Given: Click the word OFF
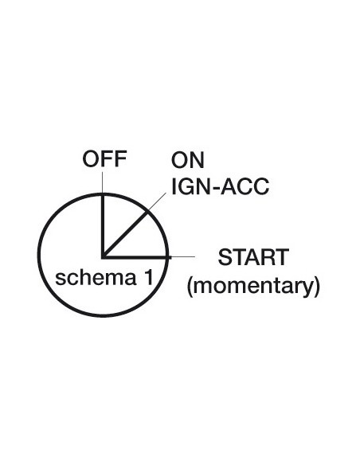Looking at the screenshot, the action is [x=104, y=158].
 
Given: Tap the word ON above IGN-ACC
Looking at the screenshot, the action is [x=188, y=160].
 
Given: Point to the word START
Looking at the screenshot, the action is [x=253, y=257].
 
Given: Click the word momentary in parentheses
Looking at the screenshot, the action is [x=253, y=286].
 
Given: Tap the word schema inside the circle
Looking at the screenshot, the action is [x=96, y=278].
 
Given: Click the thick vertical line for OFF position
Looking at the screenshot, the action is [x=103, y=225].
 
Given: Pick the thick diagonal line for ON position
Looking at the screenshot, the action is [x=125, y=234].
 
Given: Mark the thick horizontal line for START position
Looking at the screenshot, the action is [x=136, y=257].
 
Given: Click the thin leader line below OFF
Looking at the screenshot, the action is [x=103, y=183].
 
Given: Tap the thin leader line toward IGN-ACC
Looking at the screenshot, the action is [x=156, y=202].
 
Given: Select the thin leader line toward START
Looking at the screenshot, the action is [x=182, y=256].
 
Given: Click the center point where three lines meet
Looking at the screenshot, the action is [x=104, y=257].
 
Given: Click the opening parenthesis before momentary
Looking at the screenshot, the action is [x=190, y=286].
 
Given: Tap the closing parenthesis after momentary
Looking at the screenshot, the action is [x=317, y=286].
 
